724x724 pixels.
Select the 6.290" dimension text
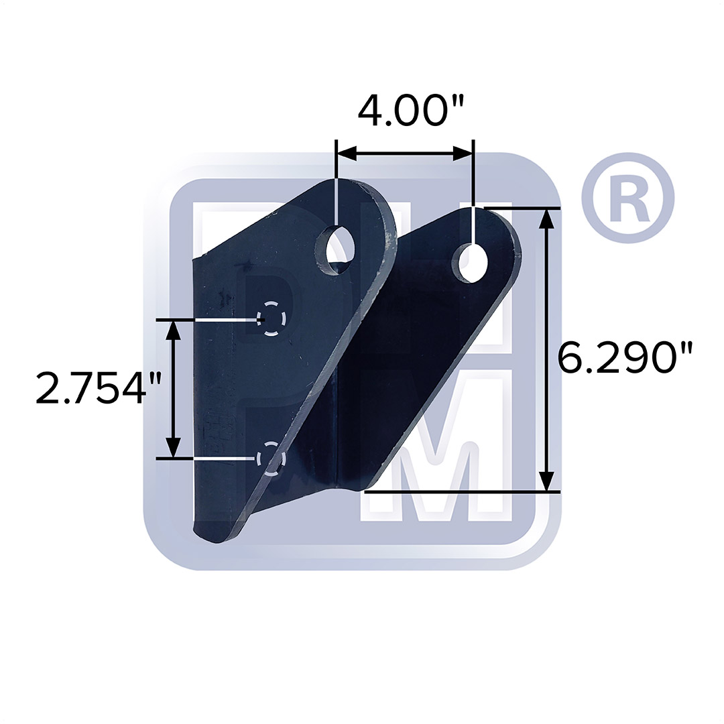click(x=625, y=358)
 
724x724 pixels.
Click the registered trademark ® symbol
click(x=627, y=198)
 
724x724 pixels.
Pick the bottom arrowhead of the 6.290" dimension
click(x=548, y=481)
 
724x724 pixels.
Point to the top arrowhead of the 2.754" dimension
click(x=174, y=330)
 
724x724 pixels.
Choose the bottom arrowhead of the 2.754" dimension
click(x=174, y=447)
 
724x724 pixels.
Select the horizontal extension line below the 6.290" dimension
click(x=463, y=491)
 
